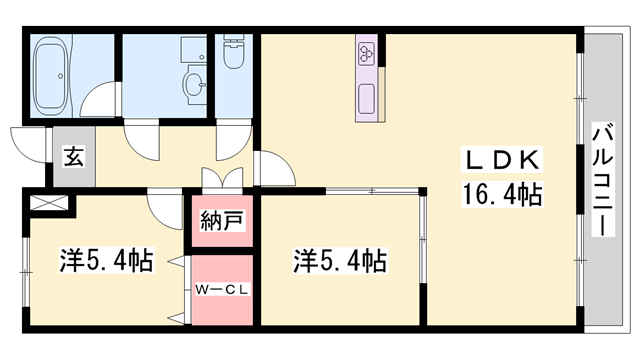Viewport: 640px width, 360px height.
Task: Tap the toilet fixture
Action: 234,51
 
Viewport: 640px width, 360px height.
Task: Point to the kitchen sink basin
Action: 367,99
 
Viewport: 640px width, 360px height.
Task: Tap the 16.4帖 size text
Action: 502,194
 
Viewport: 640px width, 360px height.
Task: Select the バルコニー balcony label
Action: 603,180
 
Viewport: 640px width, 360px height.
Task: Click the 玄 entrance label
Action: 74,156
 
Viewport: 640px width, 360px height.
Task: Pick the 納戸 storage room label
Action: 222,221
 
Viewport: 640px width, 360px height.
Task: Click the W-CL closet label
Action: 222,290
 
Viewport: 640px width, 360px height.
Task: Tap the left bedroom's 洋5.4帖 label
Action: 107,260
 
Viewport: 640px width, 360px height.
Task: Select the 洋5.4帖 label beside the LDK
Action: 340,260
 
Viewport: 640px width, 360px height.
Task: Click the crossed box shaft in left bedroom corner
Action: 49,203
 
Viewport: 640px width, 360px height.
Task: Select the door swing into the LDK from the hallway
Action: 274,168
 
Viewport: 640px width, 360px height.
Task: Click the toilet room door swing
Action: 233,140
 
